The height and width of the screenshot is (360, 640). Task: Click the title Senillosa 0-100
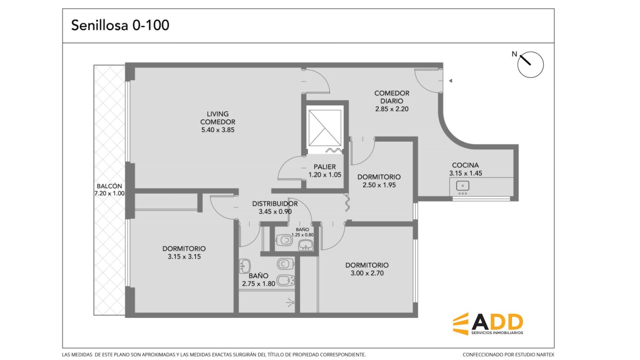point(120,25)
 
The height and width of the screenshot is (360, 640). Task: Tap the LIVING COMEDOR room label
point(218,118)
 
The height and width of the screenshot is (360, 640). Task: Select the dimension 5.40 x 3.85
point(218,130)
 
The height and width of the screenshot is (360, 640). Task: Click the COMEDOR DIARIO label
point(392,97)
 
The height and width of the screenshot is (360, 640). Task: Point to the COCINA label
point(465,165)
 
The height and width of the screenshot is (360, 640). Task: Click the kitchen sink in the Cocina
point(462,186)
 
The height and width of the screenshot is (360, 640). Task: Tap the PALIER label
point(324,167)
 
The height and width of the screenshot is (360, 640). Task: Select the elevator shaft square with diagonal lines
point(325,128)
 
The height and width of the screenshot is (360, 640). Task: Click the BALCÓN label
point(109,186)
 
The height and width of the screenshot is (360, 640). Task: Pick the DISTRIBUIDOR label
point(275,204)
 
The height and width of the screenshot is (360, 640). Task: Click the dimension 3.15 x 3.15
point(184,256)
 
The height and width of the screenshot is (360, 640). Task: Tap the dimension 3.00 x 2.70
point(367,273)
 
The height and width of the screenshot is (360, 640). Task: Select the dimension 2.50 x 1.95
point(379,185)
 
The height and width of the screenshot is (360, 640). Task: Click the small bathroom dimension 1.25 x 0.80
point(302,235)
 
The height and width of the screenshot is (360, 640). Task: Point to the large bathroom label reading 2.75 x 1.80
point(258,284)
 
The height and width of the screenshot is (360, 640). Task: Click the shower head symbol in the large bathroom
point(290,302)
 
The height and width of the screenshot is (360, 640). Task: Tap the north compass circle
point(530,64)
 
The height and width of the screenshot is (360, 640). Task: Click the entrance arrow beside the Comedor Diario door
point(450,81)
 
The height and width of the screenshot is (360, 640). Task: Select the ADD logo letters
point(497,322)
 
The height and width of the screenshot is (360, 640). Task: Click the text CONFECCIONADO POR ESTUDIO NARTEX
point(508,354)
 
